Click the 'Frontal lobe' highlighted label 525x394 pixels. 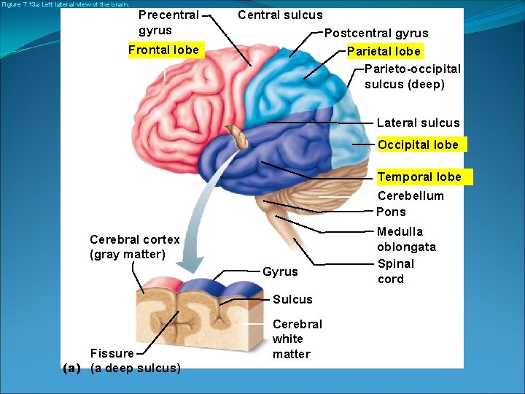[x=163, y=50]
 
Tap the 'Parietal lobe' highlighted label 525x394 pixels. [x=384, y=51]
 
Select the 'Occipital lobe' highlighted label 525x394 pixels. [x=418, y=144]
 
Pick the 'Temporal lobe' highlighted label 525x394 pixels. [x=419, y=177]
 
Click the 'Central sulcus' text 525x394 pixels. [x=280, y=15]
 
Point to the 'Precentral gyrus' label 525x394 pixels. [x=168, y=23]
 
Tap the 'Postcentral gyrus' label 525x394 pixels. [x=376, y=33]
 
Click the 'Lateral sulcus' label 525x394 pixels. [x=418, y=123]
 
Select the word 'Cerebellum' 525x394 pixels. [x=411, y=196]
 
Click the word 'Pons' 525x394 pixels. [x=391, y=212]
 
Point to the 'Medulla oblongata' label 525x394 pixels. [x=406, y=239]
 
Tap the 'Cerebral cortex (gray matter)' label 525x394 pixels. [x=134, y=247]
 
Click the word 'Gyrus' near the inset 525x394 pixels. [x=280, y=271]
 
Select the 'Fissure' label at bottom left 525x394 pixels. [x=112, y=353]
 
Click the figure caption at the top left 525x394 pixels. [x=65, y=4]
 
